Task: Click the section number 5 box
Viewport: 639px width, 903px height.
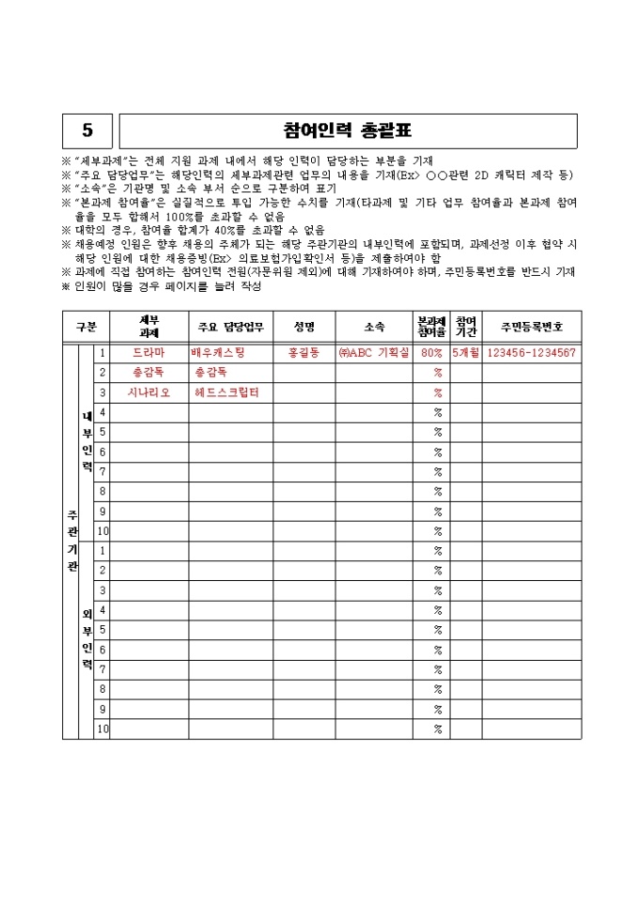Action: pyautogui.click(x=88, y=130)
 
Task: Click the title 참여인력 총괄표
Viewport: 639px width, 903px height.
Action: pyautogui.click(x=348, y=130)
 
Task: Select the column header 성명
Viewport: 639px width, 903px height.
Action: pyautogui.click(x=304, y=327)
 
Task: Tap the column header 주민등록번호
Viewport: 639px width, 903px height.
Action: pyautogui.click(x=532, y=327)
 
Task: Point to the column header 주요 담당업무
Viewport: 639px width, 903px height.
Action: pyautogui.click(x=230, y=327)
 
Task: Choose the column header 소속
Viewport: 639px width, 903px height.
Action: pyautogui.click(x=374, y=327)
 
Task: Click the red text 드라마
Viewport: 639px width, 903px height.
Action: pyautogui.click(x=148, y=353)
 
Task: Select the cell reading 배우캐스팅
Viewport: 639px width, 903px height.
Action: pyautogui.click(x=218, y=353)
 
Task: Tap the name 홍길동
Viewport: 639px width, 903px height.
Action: pyautogui.click(x=304, y=353)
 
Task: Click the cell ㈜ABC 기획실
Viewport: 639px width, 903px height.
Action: pyautogui.click(x=373, y=353)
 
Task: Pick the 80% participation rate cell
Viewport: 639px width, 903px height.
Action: pyautogui.click(x=431, y=353)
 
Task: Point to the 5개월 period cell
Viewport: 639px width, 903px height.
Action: pyautogui.click(x=465, y=353)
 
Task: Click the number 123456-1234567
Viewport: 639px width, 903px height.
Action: pyautogui.click(x=531, y=353)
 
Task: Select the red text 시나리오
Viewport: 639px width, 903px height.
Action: pyautogui.click(x=148, y=392)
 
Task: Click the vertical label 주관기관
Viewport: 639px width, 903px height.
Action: pyautogui.click(x=71, y=541)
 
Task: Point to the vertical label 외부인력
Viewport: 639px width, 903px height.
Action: pyautogui.click(x=86, y=638)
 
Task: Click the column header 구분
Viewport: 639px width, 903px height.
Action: pyautogui.click(x=86, y=327)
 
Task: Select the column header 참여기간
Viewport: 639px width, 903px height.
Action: pyautogui.click(x=465, y=327)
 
